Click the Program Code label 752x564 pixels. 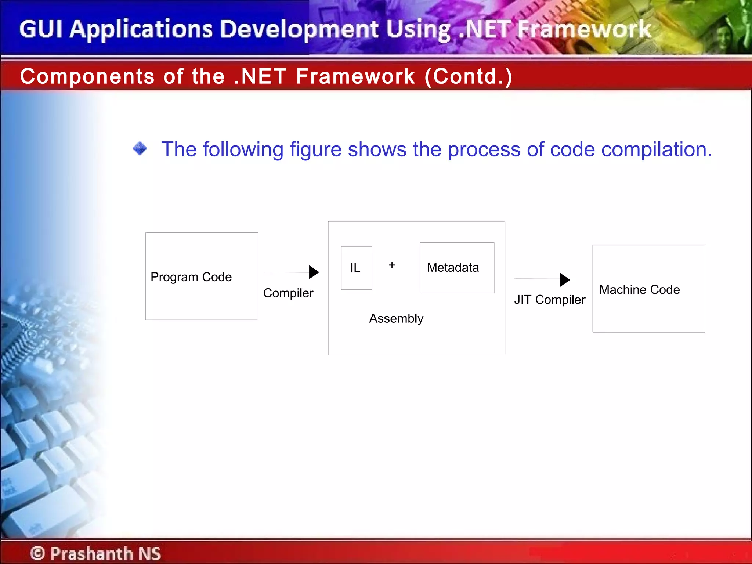point(191,277)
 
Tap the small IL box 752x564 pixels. point(356,268)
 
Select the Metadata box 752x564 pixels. point(456,268)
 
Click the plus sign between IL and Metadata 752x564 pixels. point(392,265)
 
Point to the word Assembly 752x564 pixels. point(396,318)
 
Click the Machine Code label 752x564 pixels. point(639,290)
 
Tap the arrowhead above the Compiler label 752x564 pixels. point(314,272)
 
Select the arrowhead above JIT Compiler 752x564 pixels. point(564,279)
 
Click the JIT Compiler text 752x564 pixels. point(549,300)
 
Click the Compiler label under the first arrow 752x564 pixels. point(288,293)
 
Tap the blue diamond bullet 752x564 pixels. point(140,149)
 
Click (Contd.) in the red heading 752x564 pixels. point(468,76)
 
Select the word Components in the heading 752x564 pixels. point(87,76)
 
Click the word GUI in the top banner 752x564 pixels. point(41,29)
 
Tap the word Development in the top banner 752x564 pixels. point(300,29)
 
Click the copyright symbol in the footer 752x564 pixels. point(37,553)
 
